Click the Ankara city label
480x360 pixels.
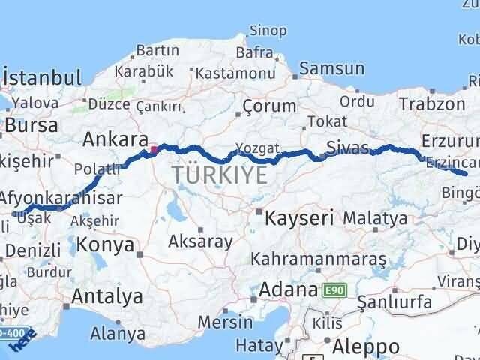115,139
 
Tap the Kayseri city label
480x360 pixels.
298,218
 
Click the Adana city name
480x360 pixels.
289,289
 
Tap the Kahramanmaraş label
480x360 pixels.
319,259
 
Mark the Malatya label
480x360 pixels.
376,218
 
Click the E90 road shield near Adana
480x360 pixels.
334,289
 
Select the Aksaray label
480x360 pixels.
200,241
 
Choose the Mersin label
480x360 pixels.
225,322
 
